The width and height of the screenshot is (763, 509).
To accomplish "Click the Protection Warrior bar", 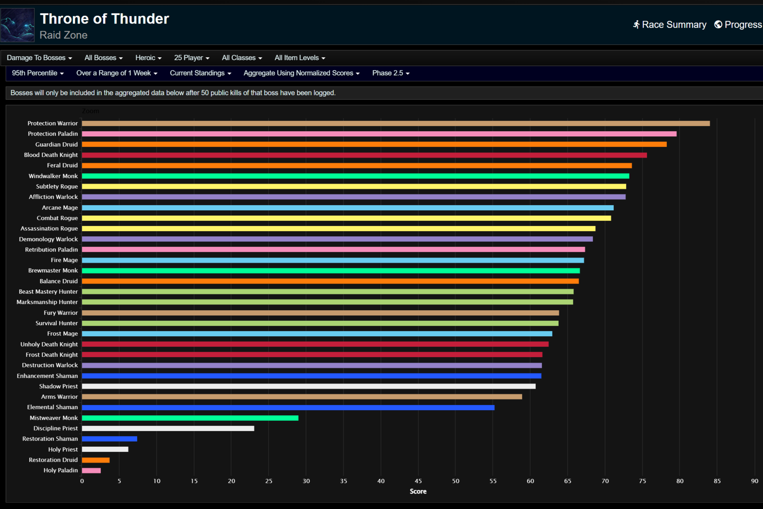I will click(x=395, y=124).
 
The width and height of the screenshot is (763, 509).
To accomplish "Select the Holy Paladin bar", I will click(x=91, y=470).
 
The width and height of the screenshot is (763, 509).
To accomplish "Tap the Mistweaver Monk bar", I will click(x=190, y=418).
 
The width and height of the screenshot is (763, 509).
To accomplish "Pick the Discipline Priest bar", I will click(x=168, y=429).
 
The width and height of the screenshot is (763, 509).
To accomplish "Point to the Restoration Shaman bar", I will click(x=109, y=439).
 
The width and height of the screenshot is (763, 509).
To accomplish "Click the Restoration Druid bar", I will click(x=96, y=460).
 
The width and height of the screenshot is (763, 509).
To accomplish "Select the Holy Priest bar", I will click(x=105, y=449).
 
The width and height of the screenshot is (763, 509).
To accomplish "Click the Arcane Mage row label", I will click(x=60, y=207).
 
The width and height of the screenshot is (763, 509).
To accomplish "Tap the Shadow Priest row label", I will click(x=58, y=386).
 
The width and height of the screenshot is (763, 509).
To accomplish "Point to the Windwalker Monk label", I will click(x=53, y=176).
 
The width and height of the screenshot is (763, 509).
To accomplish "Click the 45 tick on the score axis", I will click(x=418, y=481).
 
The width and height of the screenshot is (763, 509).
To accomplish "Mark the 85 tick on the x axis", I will click(x=717, y=481).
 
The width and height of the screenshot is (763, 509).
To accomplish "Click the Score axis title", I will click(x=418, y=491).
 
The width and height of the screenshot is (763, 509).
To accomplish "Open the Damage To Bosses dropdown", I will click(x=39, y=58).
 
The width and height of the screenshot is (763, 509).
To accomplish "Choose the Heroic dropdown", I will click(x=148, y=58).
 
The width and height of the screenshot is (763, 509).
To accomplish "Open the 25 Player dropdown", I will click(x=191, y=58).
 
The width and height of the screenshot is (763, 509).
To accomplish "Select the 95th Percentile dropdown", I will click(x=37, y=73).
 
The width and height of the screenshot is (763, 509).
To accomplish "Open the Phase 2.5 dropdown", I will click(x=391, y=73).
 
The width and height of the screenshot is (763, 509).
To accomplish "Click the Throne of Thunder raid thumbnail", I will click(x=17, y=25).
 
